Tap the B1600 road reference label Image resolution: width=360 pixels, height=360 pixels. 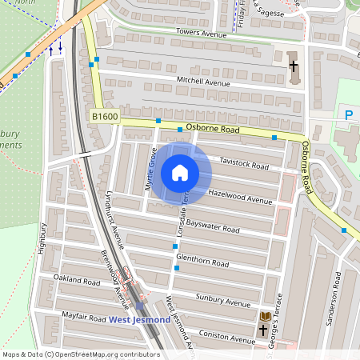(x=104, y=117)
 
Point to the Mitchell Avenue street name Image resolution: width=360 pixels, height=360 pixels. (x=202, y=82)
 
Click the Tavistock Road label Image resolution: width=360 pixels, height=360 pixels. (x=245, y=164)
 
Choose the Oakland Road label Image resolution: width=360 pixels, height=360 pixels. (x=77, y=282)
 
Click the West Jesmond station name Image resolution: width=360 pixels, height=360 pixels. (x=139, y=320)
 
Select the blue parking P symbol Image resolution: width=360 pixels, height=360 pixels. (x=348, y=115)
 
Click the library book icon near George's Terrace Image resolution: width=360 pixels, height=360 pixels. (x=265, y=317)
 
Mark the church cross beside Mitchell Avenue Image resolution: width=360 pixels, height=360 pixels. (x=293, y=66)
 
